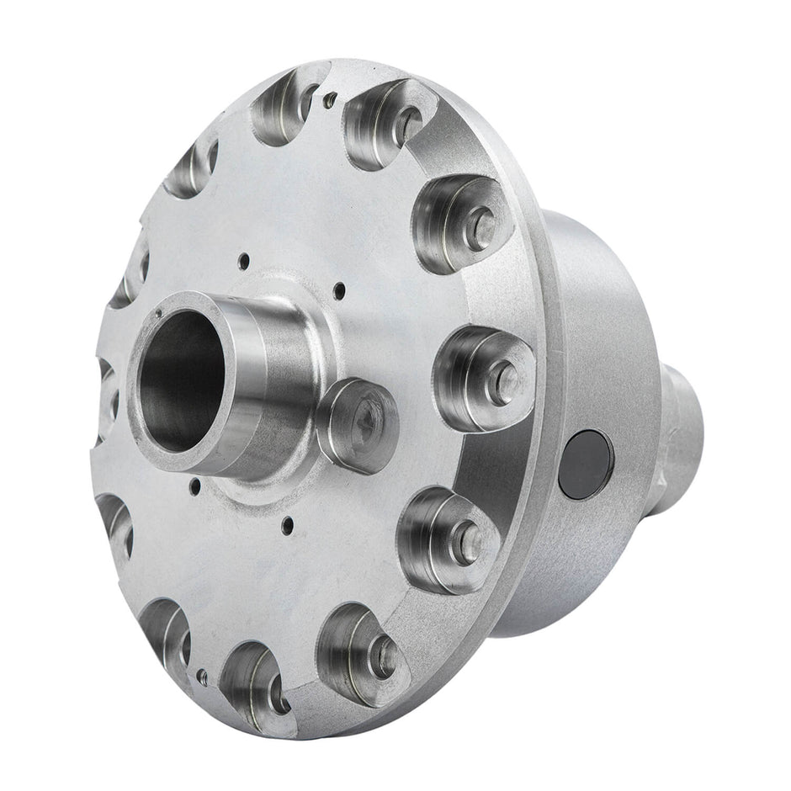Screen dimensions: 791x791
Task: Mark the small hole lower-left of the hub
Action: click(x=195, y=484)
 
